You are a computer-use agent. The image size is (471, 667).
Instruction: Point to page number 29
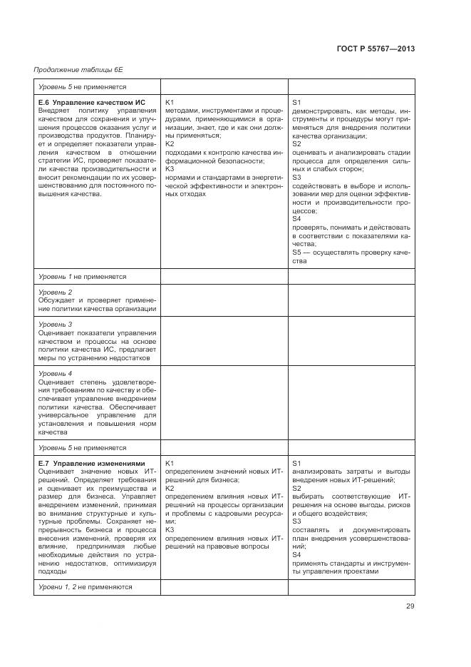[x=410, y=606]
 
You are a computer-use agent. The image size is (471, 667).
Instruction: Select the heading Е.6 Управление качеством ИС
[x=88, y=103]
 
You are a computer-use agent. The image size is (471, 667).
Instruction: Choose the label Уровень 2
[x=56, y=292]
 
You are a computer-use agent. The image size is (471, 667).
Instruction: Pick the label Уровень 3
[x=56, y=325]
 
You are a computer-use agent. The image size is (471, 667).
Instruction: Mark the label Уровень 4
[x=56, y=373]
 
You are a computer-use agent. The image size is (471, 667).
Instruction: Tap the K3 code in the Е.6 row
[x=170, y=169]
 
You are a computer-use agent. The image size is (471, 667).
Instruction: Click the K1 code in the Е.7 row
[x=170, y=463]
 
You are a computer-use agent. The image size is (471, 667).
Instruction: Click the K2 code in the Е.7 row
[x=170, y=488]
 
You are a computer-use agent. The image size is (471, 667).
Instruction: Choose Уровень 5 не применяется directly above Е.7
[x=82, y=447]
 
